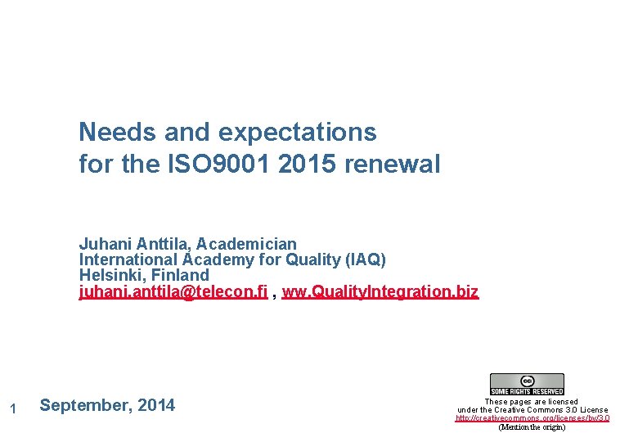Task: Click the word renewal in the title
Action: (393, 165)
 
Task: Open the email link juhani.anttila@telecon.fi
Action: (173, 291)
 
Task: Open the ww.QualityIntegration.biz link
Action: (380, 291)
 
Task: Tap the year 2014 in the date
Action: (156, 405)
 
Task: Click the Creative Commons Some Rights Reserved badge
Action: (527, 384)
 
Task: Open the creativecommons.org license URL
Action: (532, 418)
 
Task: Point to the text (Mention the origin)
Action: (532, 427)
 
